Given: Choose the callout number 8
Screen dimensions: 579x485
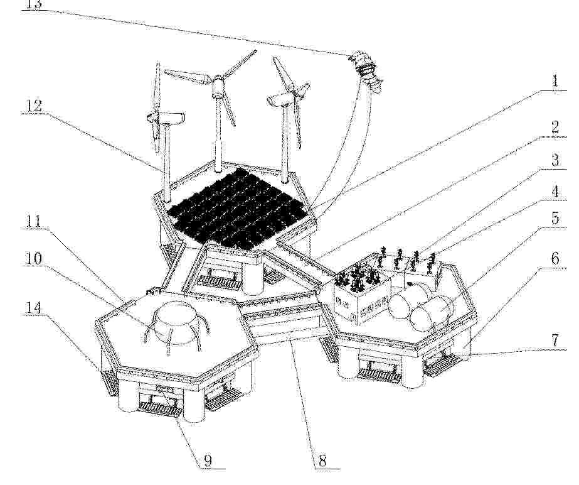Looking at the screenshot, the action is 322,461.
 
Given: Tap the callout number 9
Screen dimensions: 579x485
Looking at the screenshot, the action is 208,461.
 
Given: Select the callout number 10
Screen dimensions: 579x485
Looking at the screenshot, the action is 33,259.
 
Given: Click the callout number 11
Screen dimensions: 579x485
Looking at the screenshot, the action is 33,222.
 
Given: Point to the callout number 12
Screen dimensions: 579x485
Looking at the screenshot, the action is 34,106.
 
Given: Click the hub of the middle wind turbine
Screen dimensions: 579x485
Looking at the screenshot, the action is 218,80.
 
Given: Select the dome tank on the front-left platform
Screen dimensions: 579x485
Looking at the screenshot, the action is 176,322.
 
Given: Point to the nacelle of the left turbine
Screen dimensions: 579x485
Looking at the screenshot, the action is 171,117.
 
